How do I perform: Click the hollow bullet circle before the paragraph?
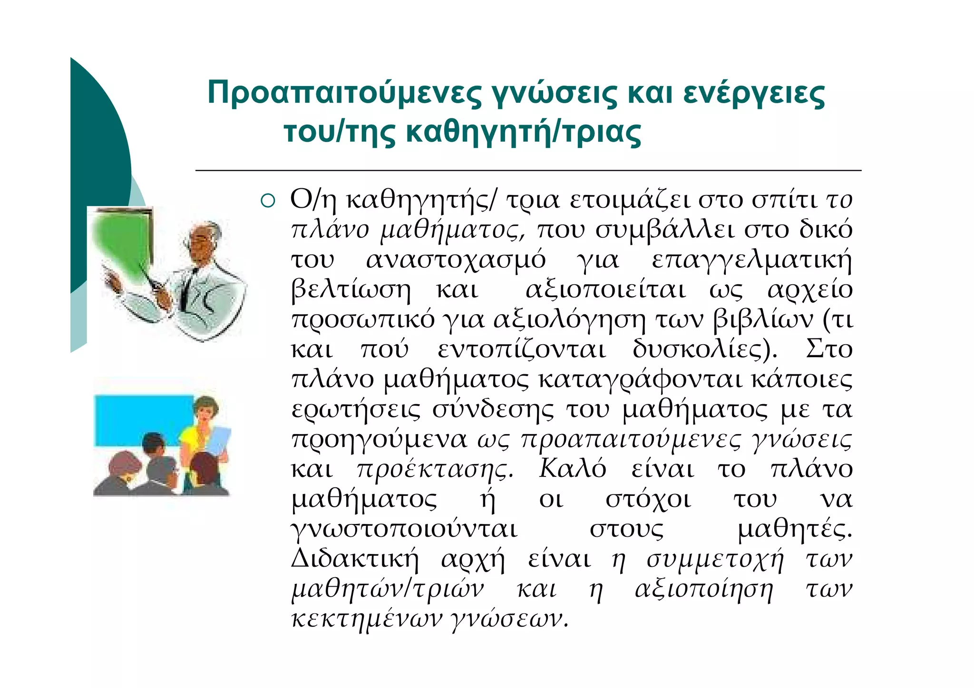(x=268, y=201)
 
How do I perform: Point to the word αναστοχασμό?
(x=456, y=260)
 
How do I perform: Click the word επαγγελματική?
(x=751, y=261)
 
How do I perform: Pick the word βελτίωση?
(x=351, y=290)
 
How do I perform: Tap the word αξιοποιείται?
(x=605, y=290)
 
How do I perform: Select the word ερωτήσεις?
(x=356, y=409)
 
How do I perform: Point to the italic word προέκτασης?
(x=435, y=470)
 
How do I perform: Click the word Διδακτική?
(x=355, y=559)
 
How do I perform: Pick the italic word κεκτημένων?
(x=367, y=619)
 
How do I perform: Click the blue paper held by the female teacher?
(x=219, y=442)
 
